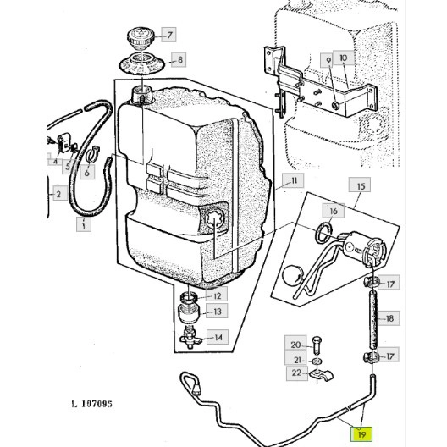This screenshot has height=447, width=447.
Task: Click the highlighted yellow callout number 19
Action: [361, 434]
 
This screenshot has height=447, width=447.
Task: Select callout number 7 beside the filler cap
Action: [168, 35]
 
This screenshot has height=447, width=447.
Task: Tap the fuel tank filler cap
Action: [141, 38]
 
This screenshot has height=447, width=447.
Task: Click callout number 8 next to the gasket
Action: [179, 60]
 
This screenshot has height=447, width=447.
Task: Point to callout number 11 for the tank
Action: [293, 180]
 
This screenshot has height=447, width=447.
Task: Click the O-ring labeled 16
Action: [324, 233]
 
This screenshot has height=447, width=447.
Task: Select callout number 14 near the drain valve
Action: [218, 337]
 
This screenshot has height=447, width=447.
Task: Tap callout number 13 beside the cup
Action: [218, 312]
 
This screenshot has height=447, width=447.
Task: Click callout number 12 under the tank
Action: [217, 295]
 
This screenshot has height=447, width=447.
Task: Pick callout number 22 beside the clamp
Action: [297, 372]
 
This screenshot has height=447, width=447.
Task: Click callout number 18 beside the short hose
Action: [389, 318]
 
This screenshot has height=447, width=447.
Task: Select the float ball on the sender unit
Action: [290, 275]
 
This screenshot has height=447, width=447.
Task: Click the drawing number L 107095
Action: [91, 404]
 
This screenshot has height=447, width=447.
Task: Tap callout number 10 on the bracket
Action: [344, 58]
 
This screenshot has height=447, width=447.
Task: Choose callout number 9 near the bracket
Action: [328, 60]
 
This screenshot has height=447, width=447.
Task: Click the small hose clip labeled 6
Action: [92, 155]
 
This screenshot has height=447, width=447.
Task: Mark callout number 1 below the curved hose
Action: [84, 224]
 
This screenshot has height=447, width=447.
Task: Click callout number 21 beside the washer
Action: [296, 360]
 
